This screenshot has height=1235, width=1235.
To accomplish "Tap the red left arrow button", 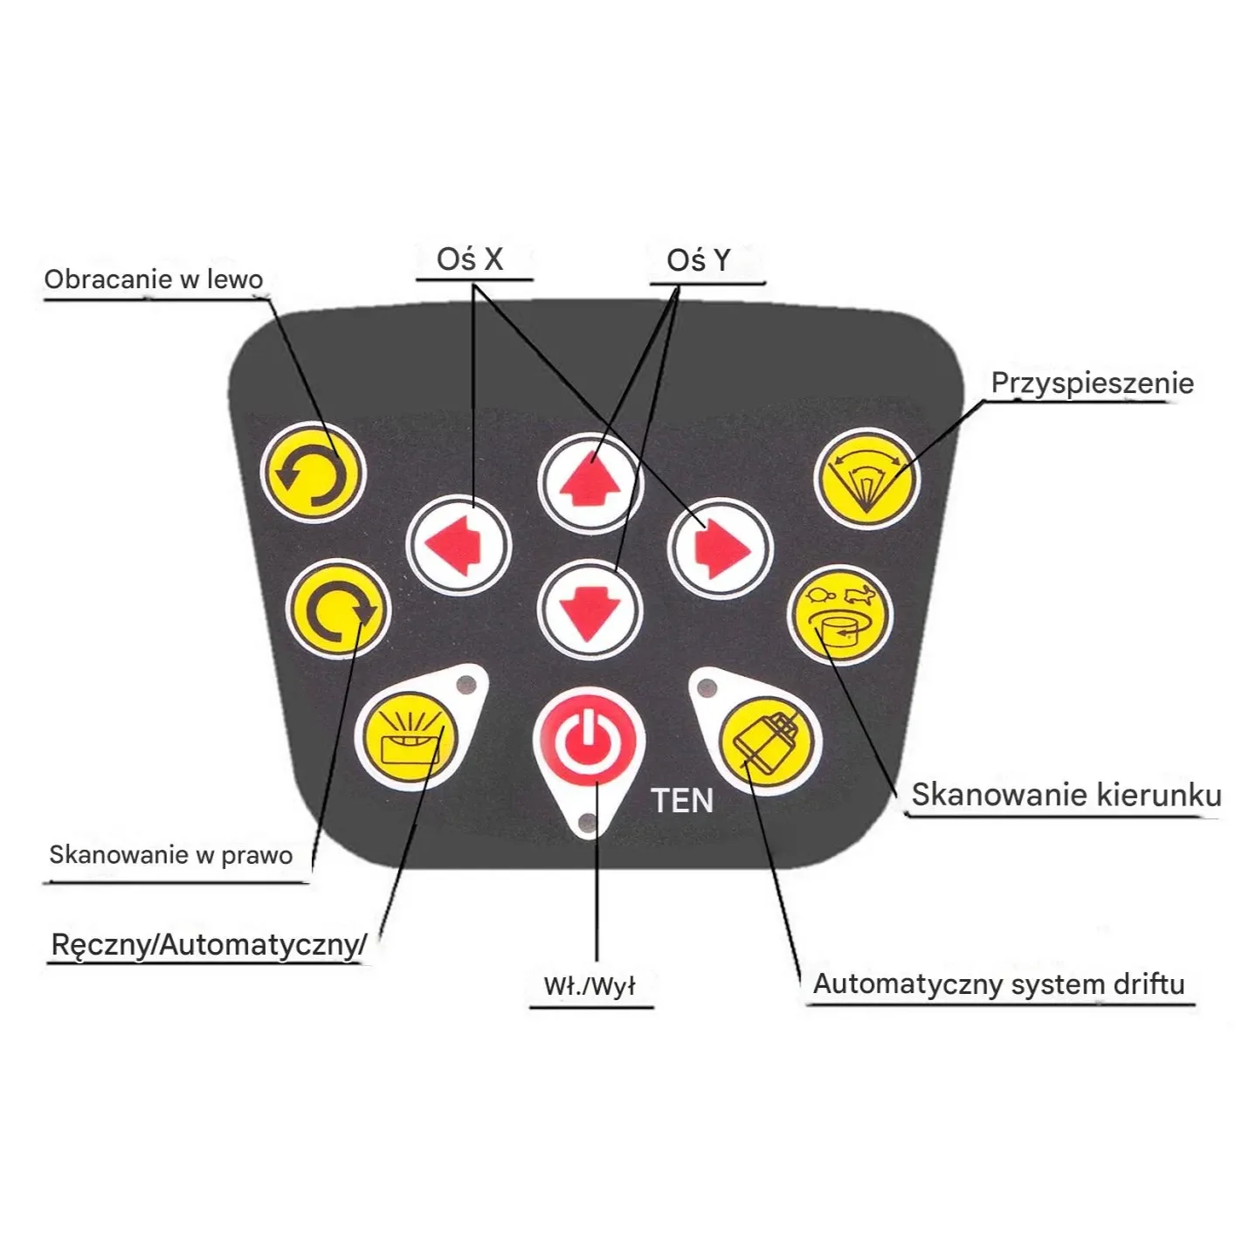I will coord(459,546).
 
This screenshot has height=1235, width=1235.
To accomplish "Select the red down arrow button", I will coord(590,610).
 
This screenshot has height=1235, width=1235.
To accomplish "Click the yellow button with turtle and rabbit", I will coord(840,615).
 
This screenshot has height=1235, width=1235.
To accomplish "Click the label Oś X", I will coord(471,259).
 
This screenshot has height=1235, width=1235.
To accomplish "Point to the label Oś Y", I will coord(699,260).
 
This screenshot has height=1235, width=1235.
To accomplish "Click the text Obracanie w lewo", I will coord(154,279).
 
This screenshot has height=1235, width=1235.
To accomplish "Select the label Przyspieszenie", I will coord(1092,383).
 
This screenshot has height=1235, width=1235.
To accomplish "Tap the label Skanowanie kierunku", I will coord(1066,794).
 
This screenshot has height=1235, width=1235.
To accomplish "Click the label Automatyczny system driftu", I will coord(999,984).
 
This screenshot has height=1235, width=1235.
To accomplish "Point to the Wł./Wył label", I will coord(590,986).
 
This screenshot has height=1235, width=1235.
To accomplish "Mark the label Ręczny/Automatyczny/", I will coord(209,944).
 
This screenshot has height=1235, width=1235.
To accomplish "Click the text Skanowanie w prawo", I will coord(171,854).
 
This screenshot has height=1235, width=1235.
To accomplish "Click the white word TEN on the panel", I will coord(682,801).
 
